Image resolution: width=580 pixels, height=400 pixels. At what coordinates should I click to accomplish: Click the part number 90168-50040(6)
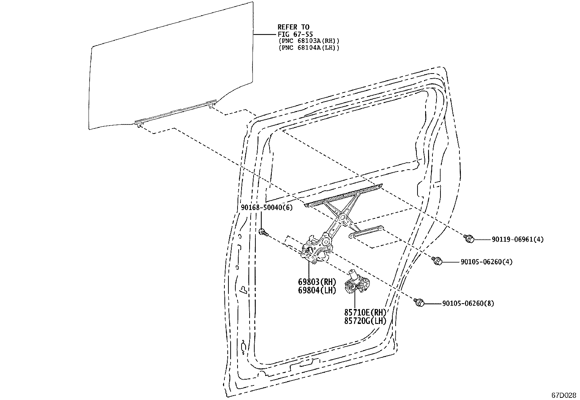267,207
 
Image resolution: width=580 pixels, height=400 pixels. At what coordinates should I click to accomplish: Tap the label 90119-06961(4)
518,239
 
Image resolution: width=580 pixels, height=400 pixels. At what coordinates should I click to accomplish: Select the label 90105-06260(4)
486,262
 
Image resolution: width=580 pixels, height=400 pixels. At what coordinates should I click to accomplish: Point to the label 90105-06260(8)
468,303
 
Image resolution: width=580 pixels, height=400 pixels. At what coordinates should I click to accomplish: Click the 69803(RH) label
317,282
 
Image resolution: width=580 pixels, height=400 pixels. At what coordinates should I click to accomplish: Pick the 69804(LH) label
317,290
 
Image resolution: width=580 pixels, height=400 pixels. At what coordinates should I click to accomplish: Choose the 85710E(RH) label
365,312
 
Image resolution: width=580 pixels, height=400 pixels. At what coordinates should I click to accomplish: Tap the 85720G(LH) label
365,321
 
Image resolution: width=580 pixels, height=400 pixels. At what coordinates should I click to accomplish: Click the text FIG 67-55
295,34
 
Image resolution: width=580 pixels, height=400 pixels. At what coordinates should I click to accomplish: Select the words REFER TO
293,27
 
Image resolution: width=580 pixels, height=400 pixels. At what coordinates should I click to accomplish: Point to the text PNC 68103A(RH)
309,41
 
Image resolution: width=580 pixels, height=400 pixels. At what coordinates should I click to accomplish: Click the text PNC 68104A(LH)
309,48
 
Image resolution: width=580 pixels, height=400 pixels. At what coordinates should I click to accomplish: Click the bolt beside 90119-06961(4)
469,238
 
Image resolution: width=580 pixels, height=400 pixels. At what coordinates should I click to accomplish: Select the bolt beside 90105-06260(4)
437,261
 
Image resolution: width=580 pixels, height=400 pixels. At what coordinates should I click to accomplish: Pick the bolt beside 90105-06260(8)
419,302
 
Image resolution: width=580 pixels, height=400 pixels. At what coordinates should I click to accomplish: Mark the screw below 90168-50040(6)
263,232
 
